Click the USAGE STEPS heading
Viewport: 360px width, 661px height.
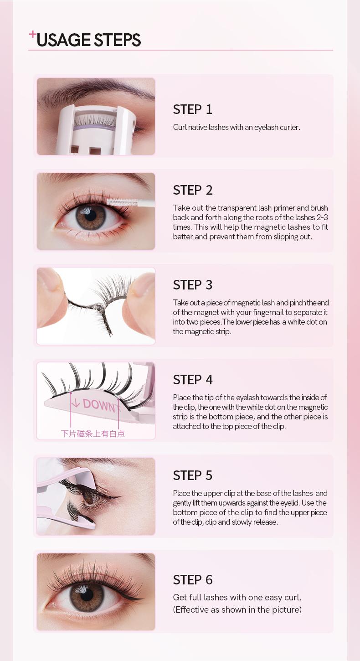click(x=88, y=40)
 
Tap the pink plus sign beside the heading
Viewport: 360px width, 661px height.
click(x=32, y=34)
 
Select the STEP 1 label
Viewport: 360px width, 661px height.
click(x=192, y=109)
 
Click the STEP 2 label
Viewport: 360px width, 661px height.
click(x=192, y=190)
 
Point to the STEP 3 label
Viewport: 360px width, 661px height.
click(x=192, y=285)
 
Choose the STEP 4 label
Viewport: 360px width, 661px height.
click(x=192, y=380)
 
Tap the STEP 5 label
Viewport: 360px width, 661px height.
click(x=192, y=475)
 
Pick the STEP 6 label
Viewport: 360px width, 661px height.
click(x=192, y=580)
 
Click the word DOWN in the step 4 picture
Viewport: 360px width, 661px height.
click(x=99, y=405)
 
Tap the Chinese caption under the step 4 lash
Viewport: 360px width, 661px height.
click(x=93, y=434)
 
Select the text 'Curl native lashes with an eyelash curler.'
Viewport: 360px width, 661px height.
click(x=236, y=127)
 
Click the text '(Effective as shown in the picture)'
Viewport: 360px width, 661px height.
click(x=237, y=609)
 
